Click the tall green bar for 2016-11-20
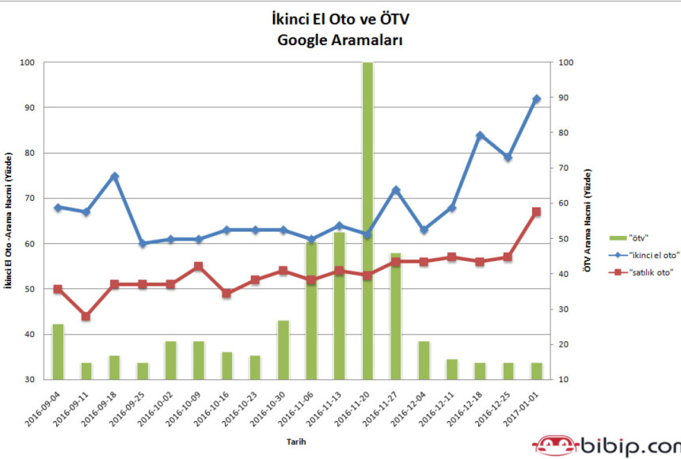coord(367,222)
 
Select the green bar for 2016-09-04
coord(58,351)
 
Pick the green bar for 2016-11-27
coord(395,316)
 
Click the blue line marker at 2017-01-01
coord(536,99)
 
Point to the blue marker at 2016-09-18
coord(114,176)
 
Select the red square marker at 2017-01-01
coord(536,212)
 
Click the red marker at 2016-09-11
coord(86,317)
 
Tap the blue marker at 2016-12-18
coord(480,135)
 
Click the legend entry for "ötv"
coord(630,236)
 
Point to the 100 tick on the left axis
coord(29,63)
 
